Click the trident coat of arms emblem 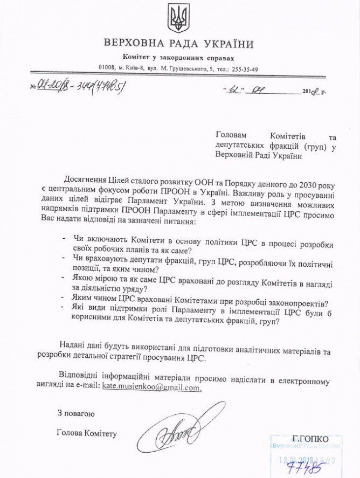point(176,18)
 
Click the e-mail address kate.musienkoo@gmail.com point(148,387)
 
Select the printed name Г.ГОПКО point(307,438)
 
